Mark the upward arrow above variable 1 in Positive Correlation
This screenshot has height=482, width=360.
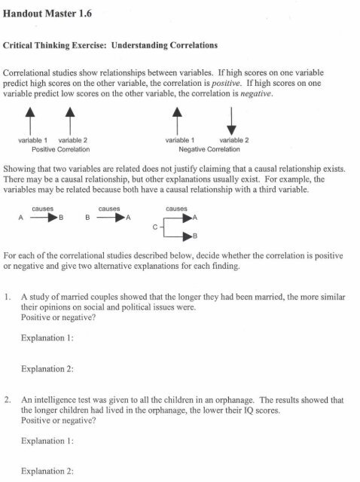(x=32, y=121)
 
